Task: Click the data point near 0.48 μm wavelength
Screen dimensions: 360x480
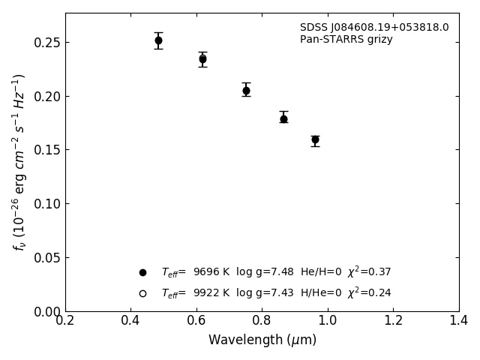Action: click(158, 40)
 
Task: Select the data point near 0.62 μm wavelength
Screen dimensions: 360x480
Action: click(202, 58)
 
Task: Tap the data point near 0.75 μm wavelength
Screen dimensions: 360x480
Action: click(246, 91)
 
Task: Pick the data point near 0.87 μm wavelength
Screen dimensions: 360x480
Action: click(283, 118)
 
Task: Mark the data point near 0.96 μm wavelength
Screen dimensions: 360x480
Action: click(315, 139)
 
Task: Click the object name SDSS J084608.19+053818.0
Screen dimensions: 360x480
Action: click(374, 28)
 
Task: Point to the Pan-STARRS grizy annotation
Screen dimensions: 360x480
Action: click(346, 40)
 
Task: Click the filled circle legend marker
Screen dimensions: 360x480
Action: click(142, 272)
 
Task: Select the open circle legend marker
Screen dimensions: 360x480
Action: click(142, 293)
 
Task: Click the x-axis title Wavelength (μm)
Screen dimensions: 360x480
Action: click(262, 340)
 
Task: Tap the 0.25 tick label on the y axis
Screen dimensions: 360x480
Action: click(47, 43)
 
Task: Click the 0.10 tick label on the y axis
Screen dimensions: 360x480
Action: click(47, 204)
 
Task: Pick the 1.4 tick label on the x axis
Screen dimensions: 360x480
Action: click(458, 320)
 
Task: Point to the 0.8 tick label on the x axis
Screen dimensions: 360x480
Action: click(262, 320)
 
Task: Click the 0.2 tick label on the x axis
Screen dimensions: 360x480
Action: click(65, 320)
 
